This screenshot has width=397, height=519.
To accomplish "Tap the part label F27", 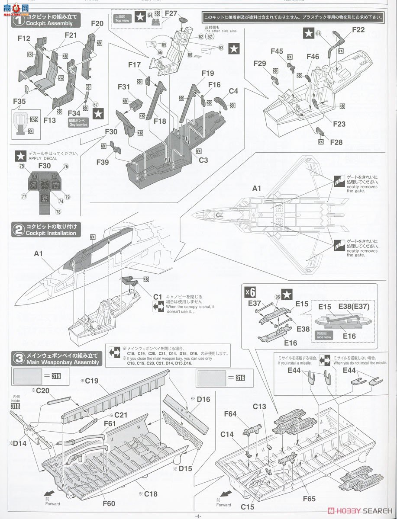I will [171, 13].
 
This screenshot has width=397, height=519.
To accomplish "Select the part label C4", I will [233, 91].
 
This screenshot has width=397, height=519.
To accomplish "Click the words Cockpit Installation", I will [51, 233].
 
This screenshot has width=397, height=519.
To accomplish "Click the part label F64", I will [230, 414].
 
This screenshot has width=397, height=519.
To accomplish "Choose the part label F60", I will [109, 503].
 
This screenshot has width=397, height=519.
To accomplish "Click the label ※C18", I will [148, 493].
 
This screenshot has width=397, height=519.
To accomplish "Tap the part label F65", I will [310, 499].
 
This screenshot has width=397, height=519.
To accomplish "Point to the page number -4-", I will [198, 516].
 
